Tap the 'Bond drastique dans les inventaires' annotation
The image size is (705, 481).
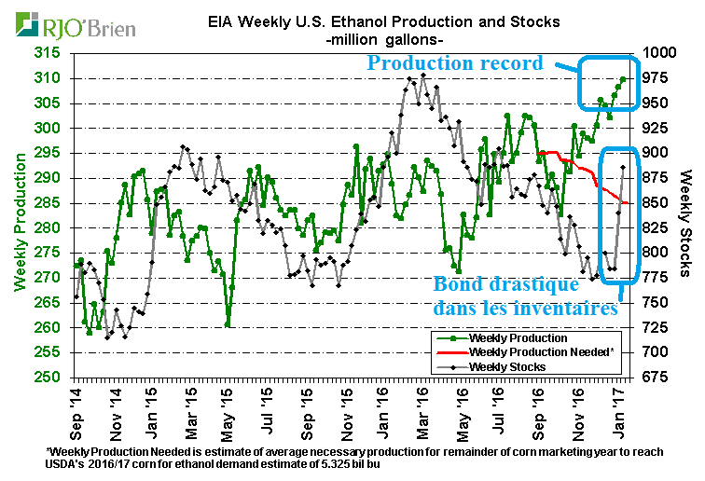tap(526, 295)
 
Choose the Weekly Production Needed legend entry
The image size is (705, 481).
tap(522, 351)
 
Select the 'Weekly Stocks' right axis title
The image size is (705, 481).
tap(686, 215)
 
